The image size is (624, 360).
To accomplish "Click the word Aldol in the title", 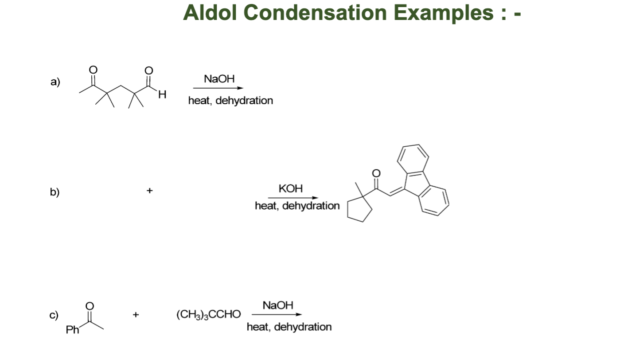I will tap(210, 12).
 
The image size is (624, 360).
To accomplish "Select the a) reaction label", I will tap(55, 82).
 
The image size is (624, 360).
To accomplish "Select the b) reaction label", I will tap(55, 192).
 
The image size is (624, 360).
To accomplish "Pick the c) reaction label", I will tap(54, 315).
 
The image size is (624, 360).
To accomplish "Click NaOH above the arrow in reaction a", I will tap(219, 79).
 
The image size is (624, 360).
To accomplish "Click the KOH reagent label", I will tap(291, 188).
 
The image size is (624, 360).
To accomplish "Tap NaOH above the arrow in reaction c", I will tap(278, 305).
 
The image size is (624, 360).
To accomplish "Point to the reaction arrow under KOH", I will tap(293, 197).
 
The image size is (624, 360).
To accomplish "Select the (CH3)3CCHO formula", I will tap(208, 315).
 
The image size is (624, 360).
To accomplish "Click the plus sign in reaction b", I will tap(150, 191).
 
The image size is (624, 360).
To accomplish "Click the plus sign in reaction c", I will tap(136, 315).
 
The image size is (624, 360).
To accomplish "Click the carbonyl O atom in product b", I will tap(377, 172).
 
